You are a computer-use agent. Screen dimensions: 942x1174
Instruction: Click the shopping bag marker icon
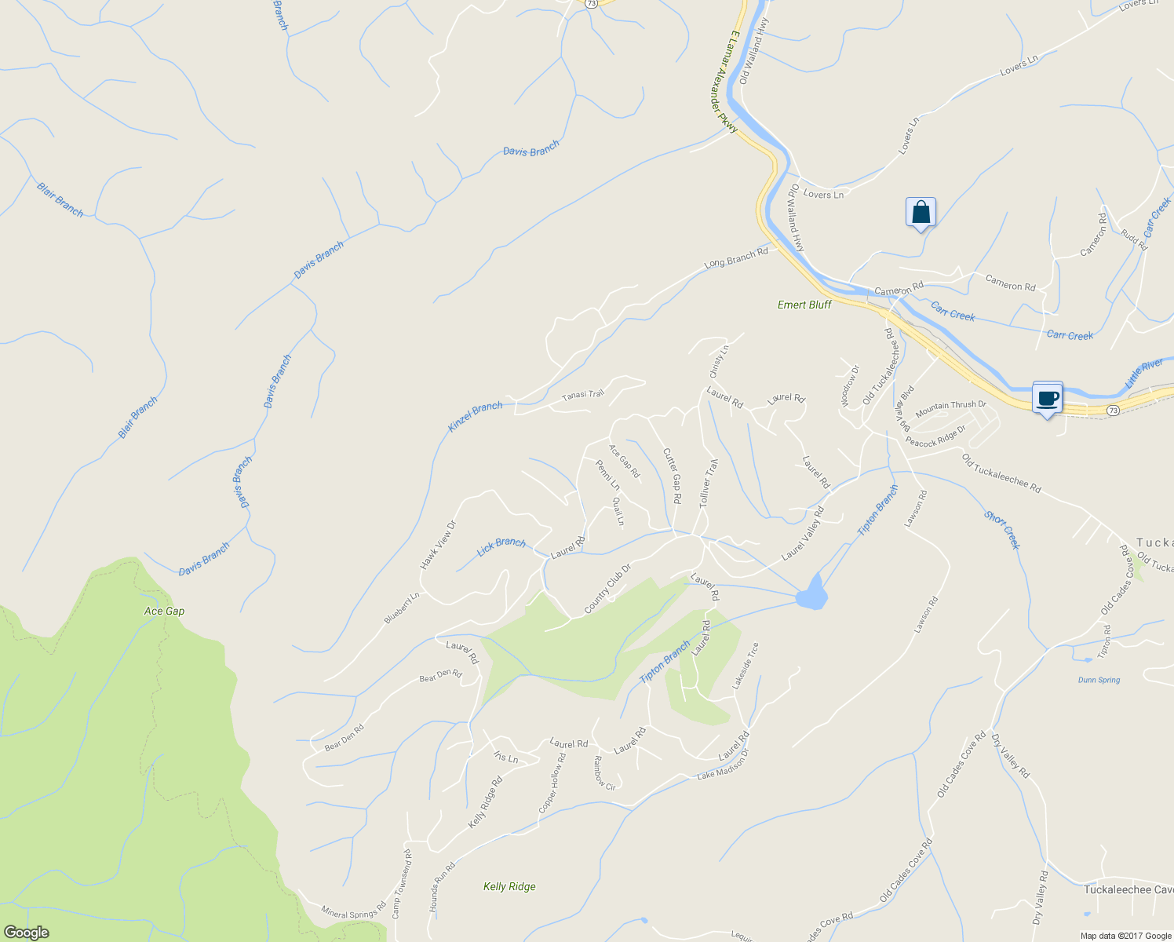pyautogui.click(x=921, y=213)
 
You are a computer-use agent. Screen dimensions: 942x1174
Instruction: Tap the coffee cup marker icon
pyautogui.click(x=1047, y=397)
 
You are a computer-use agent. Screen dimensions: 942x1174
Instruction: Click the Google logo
pyautogui.click(x=26, y=933)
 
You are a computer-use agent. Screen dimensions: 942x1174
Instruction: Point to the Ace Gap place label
pyautogui.click(x=165, y=611)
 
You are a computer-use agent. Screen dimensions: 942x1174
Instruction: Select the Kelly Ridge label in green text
pyautogui.click(x=509, y=886)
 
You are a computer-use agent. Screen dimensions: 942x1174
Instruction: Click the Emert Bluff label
pyautogui.click(x=804, y=305)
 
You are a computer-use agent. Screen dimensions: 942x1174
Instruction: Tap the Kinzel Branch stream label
pyautogui.click(x=475, y=417)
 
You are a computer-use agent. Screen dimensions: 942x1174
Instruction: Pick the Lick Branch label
pyautogui.click(x=501, y=546)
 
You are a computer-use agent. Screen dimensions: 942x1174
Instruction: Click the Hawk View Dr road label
pyautogui.click(x=438, y=545)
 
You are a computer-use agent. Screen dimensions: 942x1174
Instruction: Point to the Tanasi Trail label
pyautogui.click(x=583, y=395)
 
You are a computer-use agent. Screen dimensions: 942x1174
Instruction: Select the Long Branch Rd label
pyautogui.click(x=736, y=258)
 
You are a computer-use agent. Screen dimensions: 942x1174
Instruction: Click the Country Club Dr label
pyautogui.click(x=607, y=590)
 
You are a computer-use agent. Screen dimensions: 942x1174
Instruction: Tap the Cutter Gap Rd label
pyautogui.click(x=672, y=476)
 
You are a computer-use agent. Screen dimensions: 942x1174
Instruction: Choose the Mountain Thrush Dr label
pyautogui.click(x=950, y=408)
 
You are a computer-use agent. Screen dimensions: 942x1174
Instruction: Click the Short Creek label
pyautogui.click(x=1001, y=530)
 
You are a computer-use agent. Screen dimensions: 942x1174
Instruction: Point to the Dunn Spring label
pyautogui.click(x=1099, y=680)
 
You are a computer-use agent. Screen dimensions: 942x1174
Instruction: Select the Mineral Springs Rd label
pyautogui.click(x=353, y=911)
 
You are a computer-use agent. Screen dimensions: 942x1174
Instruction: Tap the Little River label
pyautogui.click(x=1144, y=373)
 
